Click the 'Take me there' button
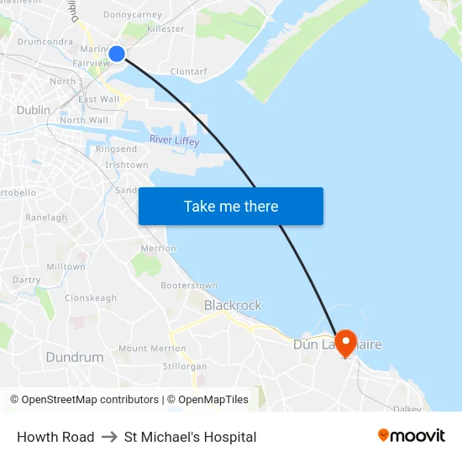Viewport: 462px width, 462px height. coord(231,207)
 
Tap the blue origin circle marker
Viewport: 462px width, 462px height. coord(117,54)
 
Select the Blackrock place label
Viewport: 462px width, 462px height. coord(233,306)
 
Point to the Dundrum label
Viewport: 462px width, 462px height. coord(75,357)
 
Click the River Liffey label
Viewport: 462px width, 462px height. coord(174,140)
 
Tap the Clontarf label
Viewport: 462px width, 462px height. coord(188,72)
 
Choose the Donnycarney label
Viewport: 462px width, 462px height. coord(132,15)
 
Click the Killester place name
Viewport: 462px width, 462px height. coord(165,29)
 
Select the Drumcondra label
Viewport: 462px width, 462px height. coord(44,41)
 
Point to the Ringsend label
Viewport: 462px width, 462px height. coord(116,150)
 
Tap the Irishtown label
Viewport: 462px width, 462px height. coord(127,165)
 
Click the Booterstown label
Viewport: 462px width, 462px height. coord(189,286)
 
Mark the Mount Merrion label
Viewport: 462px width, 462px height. coord(152,349)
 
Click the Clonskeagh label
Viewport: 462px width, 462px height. coord(91,298)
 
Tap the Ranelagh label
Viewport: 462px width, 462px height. coord(46,218)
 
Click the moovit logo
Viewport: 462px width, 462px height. coord(412,436)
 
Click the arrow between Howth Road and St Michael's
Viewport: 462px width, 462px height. coord(109,437)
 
